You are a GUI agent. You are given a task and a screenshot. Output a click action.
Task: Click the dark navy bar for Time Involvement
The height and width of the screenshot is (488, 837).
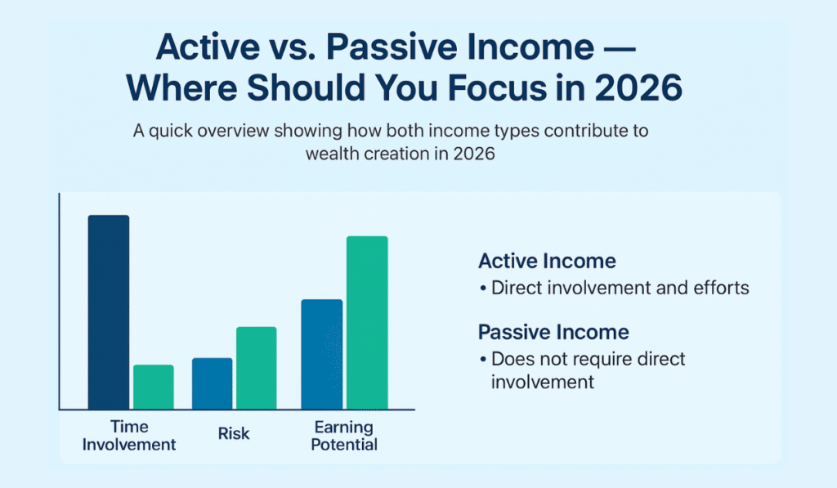[x=109, y=311]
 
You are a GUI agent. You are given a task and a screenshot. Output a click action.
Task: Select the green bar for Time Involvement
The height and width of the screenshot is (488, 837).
[x=154, y=387]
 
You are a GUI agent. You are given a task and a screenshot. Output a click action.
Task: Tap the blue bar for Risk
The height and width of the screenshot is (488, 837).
[x=213, y=383]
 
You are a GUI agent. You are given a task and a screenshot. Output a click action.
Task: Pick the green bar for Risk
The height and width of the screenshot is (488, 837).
[x=257, y=368]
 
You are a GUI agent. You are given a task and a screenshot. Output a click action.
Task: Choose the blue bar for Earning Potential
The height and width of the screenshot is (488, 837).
[x=322, y=354]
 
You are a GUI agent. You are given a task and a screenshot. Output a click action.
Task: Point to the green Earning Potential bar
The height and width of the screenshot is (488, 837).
[x=367, y=322]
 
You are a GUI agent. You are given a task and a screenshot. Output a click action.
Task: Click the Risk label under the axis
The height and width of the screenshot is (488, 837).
[x=234, y=435]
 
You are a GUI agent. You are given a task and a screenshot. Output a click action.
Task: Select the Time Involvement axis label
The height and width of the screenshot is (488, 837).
[x=131, y=436]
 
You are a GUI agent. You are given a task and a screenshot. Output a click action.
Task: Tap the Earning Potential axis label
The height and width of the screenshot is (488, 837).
[x=343, y=436]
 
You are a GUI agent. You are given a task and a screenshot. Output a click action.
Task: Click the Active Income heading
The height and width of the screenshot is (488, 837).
[x=547, y=262]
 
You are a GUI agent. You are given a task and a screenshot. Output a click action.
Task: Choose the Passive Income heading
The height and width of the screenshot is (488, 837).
[x=553, y=332]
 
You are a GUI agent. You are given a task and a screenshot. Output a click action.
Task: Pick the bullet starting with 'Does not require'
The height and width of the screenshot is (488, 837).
[x=587, y=369]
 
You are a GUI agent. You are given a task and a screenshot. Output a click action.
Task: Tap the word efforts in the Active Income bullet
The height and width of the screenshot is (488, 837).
[x=721, y=289]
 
